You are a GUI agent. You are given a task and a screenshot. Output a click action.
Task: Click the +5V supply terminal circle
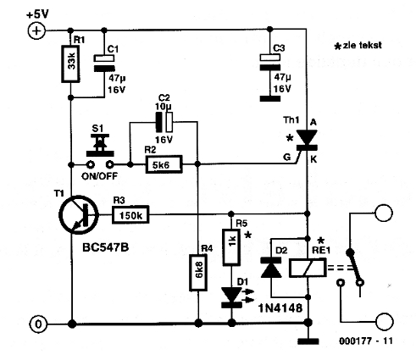(x=36, y=30)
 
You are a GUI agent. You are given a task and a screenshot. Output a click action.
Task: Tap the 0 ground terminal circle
(x=38, y=324)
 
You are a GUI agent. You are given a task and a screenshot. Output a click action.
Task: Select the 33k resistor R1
(x=70, y=64)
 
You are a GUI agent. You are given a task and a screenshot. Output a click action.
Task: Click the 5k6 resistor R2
(x=164, y=164)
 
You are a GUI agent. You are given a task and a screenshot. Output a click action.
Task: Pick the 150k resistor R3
(x=130, y=215)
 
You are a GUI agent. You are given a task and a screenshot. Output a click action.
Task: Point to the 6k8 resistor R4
(x=198, y=273)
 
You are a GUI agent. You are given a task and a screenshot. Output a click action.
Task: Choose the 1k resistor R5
(x=231, y=247)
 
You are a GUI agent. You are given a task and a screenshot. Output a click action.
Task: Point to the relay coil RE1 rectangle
(x=308, y=269)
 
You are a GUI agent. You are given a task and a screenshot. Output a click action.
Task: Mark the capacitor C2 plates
(x=164, y=122)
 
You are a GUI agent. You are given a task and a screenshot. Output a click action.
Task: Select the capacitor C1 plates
(x=104, y=64)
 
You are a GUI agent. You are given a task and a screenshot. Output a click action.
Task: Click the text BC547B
(x=106, y=247)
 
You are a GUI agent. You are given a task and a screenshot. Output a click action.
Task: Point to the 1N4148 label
(x=280, y=307)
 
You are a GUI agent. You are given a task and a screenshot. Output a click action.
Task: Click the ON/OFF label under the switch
(x=99, y=176)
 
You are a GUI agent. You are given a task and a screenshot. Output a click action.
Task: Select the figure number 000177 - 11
(x=366, y=341)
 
